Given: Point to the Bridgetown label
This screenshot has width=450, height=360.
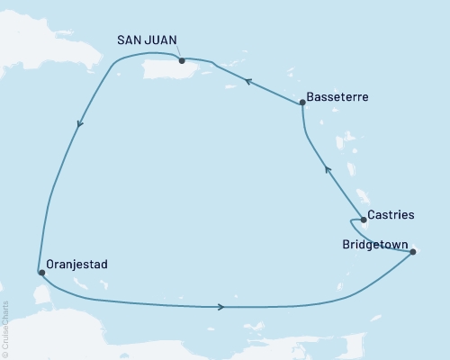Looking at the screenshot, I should point(376,244).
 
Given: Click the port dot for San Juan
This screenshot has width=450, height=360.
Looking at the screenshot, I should point(182,61).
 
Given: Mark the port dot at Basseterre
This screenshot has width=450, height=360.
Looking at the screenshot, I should point(302,103).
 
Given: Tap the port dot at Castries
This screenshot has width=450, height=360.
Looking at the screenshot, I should point(363,220).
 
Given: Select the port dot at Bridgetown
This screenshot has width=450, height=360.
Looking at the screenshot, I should point(413,252).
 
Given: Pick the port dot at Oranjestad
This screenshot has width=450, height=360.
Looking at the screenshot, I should point(40,272).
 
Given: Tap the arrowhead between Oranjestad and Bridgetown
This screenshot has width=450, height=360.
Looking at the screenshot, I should point(220,307).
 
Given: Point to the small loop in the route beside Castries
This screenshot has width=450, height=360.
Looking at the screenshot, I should point(351,227).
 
